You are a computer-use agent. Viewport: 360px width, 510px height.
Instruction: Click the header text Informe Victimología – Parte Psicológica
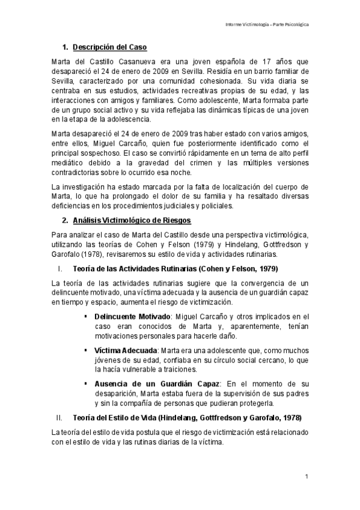(272, 25)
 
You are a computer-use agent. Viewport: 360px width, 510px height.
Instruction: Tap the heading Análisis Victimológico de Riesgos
(131, 221)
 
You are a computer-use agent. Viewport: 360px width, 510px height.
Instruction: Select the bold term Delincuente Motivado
(132, 316)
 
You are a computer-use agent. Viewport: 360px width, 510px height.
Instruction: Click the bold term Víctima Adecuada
(125, 349)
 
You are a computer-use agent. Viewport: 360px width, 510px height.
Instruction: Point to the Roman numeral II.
(59, 417)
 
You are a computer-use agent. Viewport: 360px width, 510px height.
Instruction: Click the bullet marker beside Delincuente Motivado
(87, 316)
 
